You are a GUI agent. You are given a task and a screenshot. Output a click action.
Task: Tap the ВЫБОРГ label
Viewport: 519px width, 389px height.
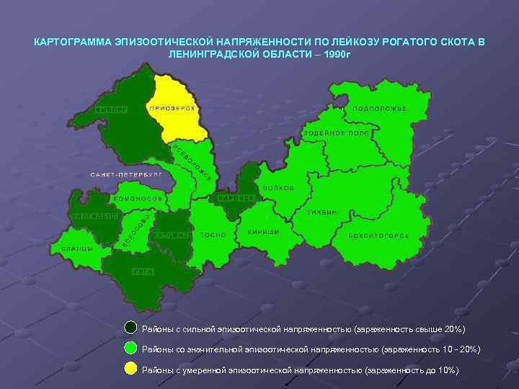(111, 109)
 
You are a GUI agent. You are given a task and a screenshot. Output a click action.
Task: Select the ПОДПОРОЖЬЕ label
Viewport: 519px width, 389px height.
(379, 108)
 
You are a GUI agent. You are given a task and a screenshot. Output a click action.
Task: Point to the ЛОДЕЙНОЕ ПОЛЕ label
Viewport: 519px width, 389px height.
(337, 133)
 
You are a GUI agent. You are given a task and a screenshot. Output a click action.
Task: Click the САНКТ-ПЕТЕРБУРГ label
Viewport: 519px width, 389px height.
(126, 174)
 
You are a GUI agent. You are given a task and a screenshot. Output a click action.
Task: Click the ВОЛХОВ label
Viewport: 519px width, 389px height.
(278, 188)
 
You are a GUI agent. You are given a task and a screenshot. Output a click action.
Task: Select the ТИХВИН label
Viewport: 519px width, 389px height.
(322, 213)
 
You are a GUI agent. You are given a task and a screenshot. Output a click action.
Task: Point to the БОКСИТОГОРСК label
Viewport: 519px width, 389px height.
(379, 236)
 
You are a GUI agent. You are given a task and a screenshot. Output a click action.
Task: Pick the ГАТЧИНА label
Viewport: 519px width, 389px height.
(172, 235)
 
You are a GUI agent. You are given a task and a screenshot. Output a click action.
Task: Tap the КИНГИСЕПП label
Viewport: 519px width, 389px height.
(94, 215)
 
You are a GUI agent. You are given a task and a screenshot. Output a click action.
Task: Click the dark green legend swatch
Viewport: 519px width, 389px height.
(131, 328)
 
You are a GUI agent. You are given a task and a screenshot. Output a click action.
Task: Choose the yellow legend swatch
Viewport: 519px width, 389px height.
(131, 370)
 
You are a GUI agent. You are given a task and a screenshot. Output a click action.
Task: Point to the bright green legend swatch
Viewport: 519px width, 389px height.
(131, 349)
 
